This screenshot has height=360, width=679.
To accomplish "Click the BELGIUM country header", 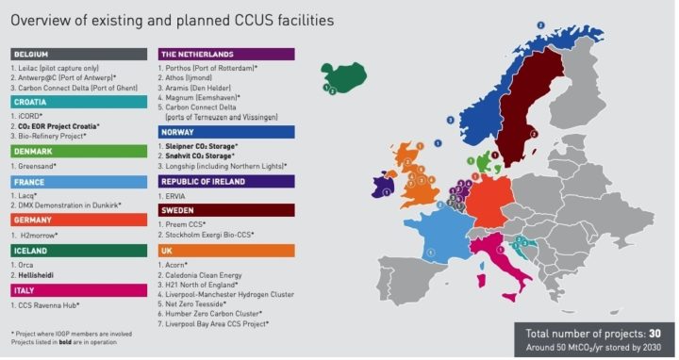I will coord(79,54).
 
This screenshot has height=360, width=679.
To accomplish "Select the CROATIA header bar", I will coord(79,102).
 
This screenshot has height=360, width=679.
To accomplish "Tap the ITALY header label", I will coord(79,291).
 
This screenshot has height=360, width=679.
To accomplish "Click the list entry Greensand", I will coord(39,166).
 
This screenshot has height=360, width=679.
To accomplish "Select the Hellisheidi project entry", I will coord(41,276).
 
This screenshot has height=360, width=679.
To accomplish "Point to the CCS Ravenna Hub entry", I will coord(47,306).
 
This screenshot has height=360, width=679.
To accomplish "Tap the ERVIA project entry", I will coord(175,195).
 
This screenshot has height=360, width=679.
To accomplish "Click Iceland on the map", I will coord(343,77).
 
